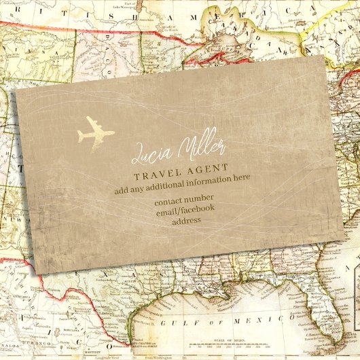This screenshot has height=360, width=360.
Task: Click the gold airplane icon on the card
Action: (x=95, y=131)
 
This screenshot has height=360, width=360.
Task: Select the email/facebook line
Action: (x=184, y=210)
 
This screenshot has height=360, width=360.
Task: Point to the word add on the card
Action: (x=121, y=190)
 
